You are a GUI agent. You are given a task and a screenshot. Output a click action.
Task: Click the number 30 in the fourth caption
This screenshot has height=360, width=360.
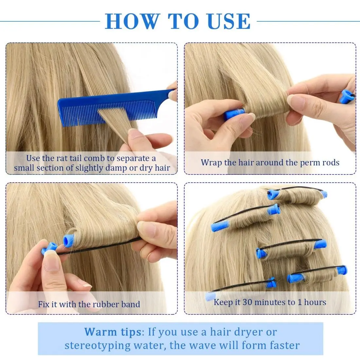[247, 302]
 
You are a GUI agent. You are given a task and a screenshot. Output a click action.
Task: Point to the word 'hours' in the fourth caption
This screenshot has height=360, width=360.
[315, 302]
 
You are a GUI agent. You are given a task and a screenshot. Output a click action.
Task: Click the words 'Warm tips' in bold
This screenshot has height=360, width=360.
[113, 332]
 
